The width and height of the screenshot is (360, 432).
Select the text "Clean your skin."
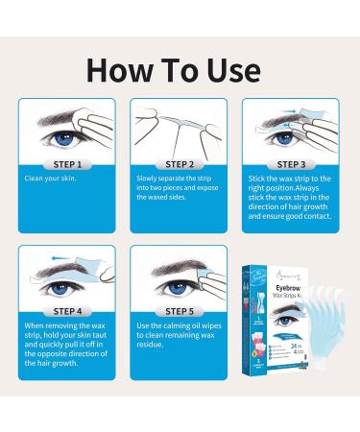click(x=54, y=179)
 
